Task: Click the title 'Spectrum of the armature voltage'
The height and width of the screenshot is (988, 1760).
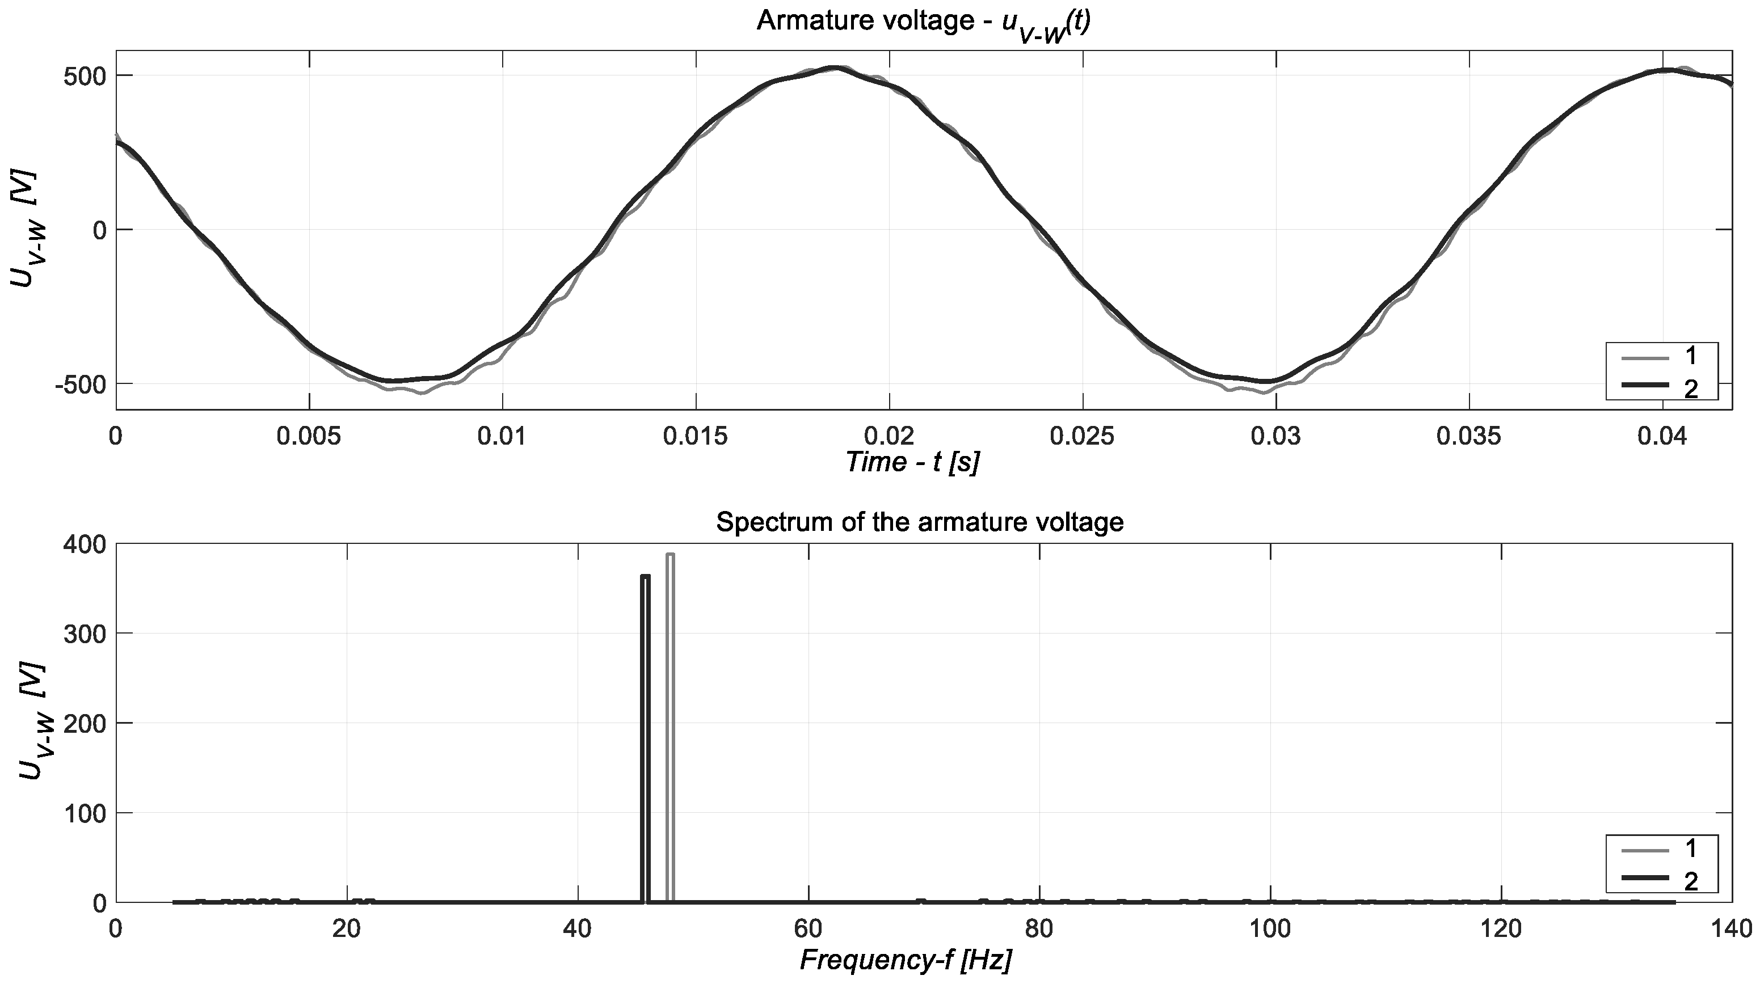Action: pyautogui.click(x=920, y=522)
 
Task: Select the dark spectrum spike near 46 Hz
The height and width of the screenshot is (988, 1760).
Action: pyautogui.click(x=645, y=737)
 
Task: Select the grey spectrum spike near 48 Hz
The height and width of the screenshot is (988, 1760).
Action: pyautogui.click(x=670, y=727)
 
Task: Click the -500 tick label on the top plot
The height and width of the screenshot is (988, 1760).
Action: pyautogui.click(x=81, y=385)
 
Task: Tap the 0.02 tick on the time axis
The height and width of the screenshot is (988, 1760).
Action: pyautogui.click(x=889, y=436)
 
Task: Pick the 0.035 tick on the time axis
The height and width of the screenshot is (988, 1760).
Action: pyautogui.click(x=1469, y=436)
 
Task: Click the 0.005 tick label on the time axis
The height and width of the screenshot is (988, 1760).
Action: pyautogui.click(x=309, y=436)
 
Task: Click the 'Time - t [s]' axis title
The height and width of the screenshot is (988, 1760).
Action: pyautogui.click(x=913, y=463)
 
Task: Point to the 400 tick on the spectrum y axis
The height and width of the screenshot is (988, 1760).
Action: pyautogui.click(x=85, y=544)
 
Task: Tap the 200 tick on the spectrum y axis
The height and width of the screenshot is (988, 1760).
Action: pyautogui.click(x=85, y=723)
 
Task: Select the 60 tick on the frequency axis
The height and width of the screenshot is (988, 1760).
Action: pyautogui.click(x=809, y=928)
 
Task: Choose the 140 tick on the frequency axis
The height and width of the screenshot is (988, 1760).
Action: pyautogui.click(x=1731, y=928)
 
